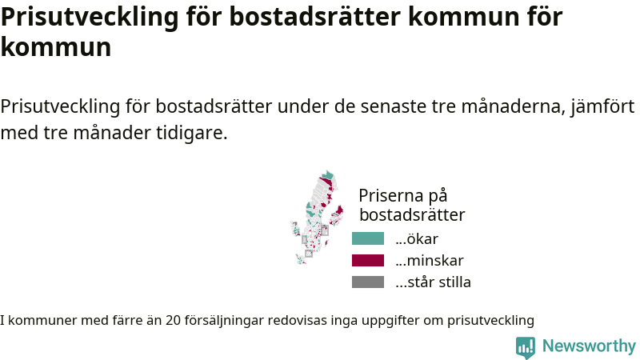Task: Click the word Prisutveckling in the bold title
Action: pyautogui.click(x=90, y=17)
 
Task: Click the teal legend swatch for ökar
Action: pyautogui.click(x=368, y=238)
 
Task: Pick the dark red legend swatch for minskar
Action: pyautogui.click(x=368, y=261)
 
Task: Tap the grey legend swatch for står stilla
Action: pyautogui.click(x=368, y=282)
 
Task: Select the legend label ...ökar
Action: pyautogui.click(x=417, y=238)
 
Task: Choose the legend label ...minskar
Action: pyautogui.click(x=430, y=261)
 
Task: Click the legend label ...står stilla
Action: pyautogui.click(x=433, y=282)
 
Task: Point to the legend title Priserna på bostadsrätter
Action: pyautogui.click(x=412, y=206)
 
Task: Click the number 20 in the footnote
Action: pyautogui.click(x=173, y=321)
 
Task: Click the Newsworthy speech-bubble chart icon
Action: pyautogui.click(x=526, y=347)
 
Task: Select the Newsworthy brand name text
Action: pyautogui.click(x=589, y=346)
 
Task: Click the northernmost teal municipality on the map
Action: pyautogui.click(x=327, y=175)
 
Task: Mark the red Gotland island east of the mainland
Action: pyautogui.click(x=339, y=210)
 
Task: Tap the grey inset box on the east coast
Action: pyautogui.click(x=325, y=230)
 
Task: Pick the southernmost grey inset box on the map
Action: pyautogui.click(x=309, y=254)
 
